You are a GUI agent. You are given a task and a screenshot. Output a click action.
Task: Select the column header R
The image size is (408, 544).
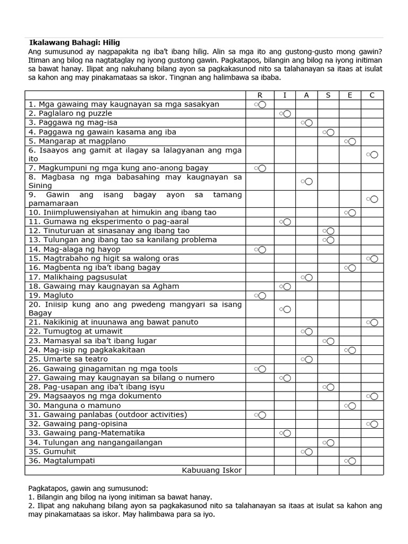pyautogui.click(x=260, y=95)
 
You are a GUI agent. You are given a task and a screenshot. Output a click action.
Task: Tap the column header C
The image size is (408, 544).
pyautogui.click(x=372, y=95)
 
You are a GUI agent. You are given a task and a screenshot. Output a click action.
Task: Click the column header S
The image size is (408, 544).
pyautogui.click(x=328, y=95)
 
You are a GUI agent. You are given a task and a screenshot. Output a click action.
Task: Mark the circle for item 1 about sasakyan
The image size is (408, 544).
pyautogui.click(x=262, y=105)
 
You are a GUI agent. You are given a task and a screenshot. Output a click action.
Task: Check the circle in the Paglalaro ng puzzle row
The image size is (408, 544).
pyautogui.click(x=287, y=114)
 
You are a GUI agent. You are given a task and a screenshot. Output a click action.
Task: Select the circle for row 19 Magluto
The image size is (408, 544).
pyautogui.click(x=262, y=295)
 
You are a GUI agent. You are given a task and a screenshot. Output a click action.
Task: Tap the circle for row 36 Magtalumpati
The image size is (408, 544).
pyautogui.click(x=352, y=461)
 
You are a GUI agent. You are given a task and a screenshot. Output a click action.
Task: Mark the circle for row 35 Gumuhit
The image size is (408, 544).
pyautogui.click(x=308, y=452)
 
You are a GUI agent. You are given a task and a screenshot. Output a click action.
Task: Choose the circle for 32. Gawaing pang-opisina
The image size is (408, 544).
pyautogui.click(x=374, y=424)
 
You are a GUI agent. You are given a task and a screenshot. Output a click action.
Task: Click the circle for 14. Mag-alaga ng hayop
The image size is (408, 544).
pyautogui.click(x=262, y=249)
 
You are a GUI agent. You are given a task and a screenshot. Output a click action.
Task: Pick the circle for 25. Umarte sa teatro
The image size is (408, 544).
pyautogui.click(x=308, y=359)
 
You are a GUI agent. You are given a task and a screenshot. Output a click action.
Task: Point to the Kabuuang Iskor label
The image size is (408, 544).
pyautogui.click(x=211, y=470)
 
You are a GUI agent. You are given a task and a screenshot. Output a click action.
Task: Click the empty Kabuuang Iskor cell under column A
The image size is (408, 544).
pyautogui.click(x=306, y=470)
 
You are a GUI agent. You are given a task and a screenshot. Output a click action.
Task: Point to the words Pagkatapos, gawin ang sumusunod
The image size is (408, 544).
pyautogui.click(x=88, y=488)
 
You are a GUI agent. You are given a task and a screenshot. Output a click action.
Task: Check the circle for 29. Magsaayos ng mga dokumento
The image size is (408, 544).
pyautogui.click(x=374, y=396)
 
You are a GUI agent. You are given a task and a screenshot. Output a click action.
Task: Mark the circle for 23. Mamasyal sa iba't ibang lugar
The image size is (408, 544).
pyautogui.click(x=330, y=341)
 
